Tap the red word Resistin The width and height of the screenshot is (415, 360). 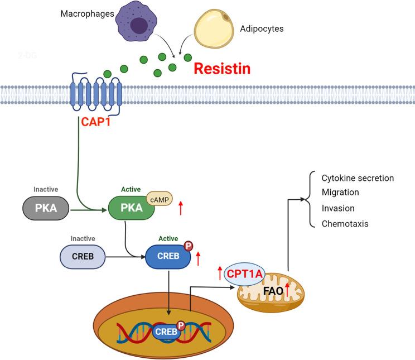point(221,69)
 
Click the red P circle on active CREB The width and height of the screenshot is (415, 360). point(188,246)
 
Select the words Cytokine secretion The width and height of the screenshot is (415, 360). point(358,178)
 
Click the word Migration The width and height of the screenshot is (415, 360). point(340,192)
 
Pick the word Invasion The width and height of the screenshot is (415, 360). point(339,208)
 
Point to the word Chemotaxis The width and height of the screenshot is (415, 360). point(345,224)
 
